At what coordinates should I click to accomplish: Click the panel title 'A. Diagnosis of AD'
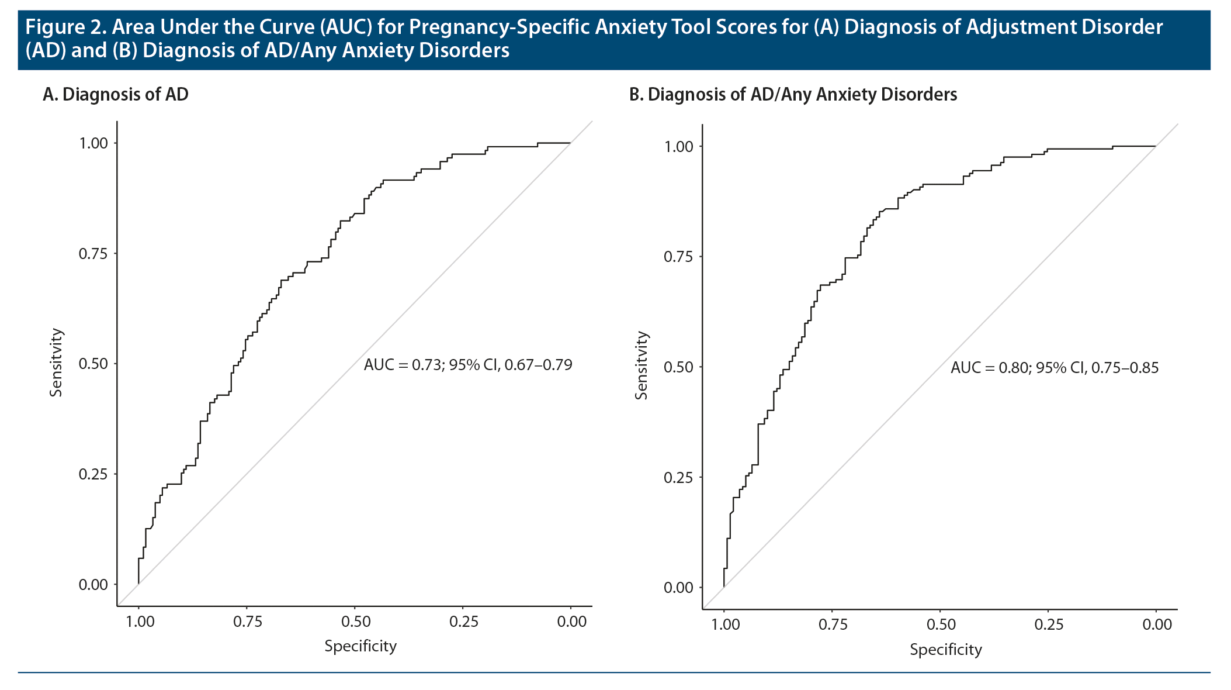[x=116, y=94]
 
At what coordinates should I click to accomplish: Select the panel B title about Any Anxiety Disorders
[x=793, y=94]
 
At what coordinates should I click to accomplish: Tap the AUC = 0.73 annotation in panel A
[x=468, y=365]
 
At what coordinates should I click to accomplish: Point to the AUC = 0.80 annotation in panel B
[x=1054, y=368]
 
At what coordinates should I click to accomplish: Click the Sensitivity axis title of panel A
[x=56, y=363]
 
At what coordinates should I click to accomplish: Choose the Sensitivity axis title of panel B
[x=641, y=365]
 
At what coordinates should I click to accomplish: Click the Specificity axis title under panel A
[x=360, y=646]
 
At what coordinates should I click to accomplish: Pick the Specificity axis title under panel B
[x=946, y=650]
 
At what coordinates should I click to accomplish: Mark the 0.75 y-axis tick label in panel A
[x=93, y=253]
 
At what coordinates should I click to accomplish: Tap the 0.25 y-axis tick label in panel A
[x=93, y=474]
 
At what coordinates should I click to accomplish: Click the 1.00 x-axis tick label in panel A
[x=140, y=622]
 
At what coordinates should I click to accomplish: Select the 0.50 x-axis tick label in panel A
[x=356, y=622]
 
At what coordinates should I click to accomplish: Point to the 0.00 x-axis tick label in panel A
[x=571, y=622]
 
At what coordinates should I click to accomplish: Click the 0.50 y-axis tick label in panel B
[x=679, y=367]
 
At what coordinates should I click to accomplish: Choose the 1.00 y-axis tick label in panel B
[x=679, y=146]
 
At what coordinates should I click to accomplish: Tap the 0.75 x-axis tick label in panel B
[x=833, y=625]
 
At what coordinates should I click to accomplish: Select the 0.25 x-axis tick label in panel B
[x=1049, y=625]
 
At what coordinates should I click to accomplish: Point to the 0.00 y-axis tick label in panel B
[x=679, y=588]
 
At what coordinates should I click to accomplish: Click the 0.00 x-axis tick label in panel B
[x=1157, y=625]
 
